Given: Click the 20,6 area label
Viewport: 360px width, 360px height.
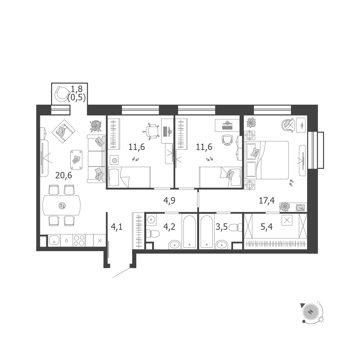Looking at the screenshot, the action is (x=64, y=176).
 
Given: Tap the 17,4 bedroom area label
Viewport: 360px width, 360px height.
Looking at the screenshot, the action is (x=266, y=200).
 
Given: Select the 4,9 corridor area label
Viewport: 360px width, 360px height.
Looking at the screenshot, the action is (x=169, y=200).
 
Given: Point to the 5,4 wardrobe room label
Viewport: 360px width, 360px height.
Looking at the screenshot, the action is (x=266, y=227).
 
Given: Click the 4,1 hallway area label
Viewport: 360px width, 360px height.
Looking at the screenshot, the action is (x=117, y=227).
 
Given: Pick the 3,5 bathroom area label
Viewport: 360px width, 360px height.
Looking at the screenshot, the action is (x=222, y=227).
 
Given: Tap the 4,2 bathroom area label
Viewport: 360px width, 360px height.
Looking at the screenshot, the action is (x=169, y=227).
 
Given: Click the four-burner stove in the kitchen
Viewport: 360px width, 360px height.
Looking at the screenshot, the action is (x=79, y=240).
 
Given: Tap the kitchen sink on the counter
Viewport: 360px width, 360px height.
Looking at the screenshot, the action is (x=54, y=241).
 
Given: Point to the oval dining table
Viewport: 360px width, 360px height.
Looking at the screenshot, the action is (x=61, y=205).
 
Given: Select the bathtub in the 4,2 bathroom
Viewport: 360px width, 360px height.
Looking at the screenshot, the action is (x=190, y=232).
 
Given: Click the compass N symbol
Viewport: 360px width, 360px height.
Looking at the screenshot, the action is (x=310, y=312).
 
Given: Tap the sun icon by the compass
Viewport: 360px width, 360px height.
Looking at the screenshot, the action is (x=321, y=319).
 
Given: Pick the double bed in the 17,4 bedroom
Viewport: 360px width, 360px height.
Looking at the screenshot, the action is (x=267, y=160).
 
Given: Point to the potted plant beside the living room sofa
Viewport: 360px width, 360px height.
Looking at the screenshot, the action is (x=96, y=126).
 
